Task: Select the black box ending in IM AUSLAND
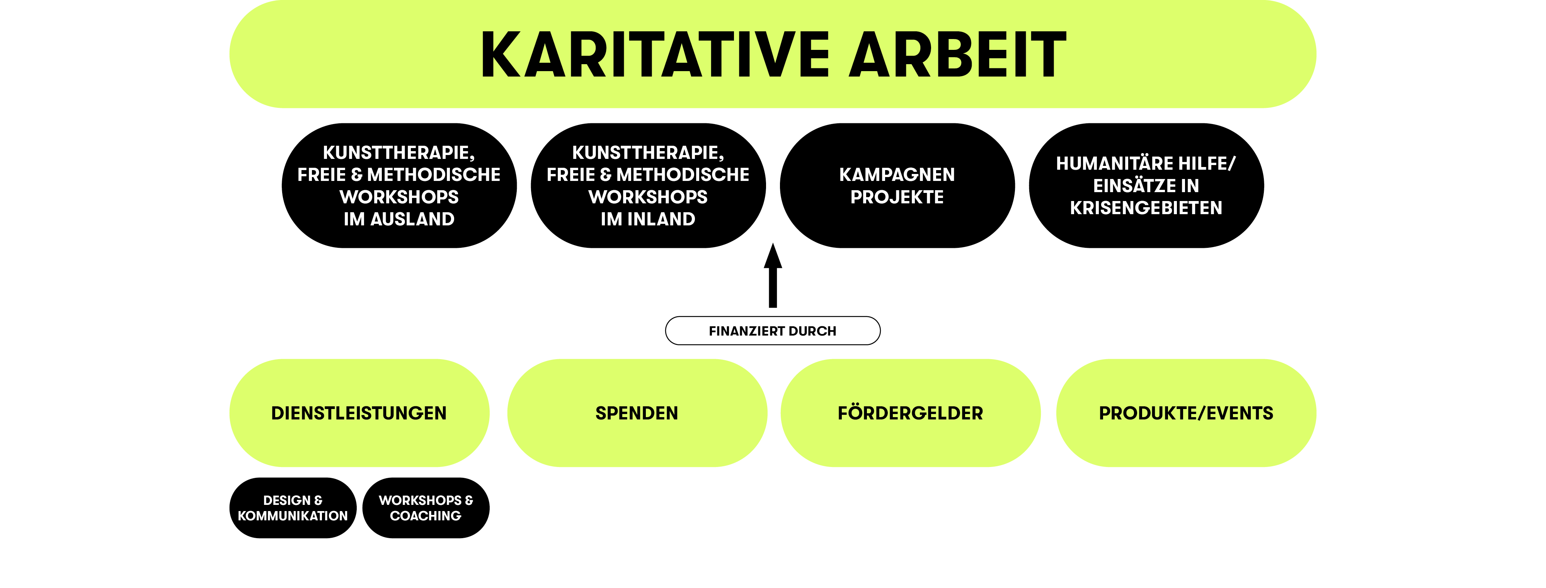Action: pos(399,186)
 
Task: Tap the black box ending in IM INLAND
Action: pos(648,186)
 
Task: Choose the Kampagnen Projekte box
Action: pos(897,186)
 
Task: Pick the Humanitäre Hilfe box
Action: pos(1146,186)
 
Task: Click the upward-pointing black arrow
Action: pos(773,275)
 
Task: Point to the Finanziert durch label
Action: pos(773,331)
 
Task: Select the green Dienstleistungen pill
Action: pos(359,413)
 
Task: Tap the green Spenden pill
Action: pos(637,413)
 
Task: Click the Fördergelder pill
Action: pos(911,413)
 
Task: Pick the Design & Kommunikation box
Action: pos(293,508)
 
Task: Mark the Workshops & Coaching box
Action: pos(426,508)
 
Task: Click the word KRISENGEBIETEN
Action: pos(1146,208)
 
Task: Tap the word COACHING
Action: pos(426,516)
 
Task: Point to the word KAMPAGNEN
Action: pos(897,175)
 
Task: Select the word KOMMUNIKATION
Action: pos(293,516)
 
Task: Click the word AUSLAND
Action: pos(412,219)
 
